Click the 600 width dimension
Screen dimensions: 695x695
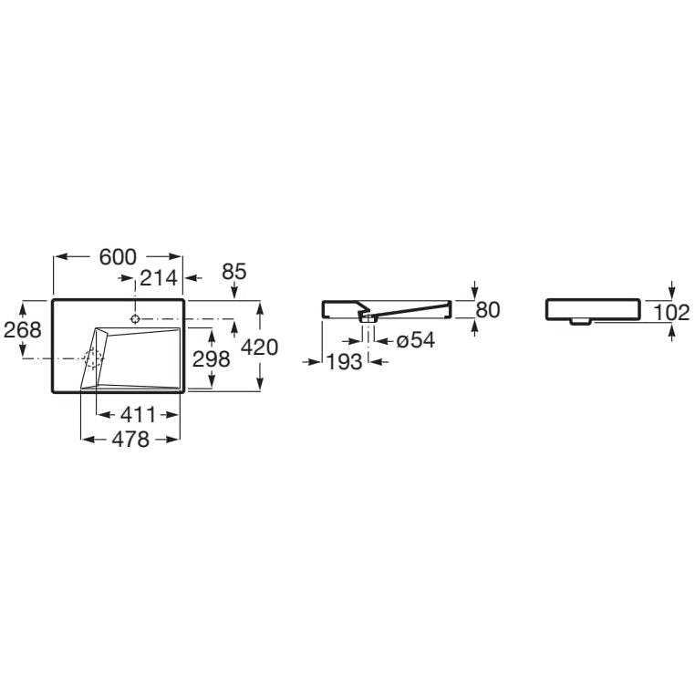tap(118, 257)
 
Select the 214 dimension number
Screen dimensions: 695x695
tap(159, 278)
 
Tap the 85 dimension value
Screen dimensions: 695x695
tap(234, 272)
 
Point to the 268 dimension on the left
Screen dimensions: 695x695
tap(23, 329)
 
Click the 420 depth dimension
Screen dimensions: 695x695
tap(260, 347)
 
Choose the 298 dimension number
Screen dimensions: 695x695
tap(212, 359)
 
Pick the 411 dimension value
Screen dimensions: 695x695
tap(138, 415)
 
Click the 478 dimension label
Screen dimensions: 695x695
tap(130, 440)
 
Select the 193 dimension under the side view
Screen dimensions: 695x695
tap(345, 362)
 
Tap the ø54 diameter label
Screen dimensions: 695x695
tap(416, 340)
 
